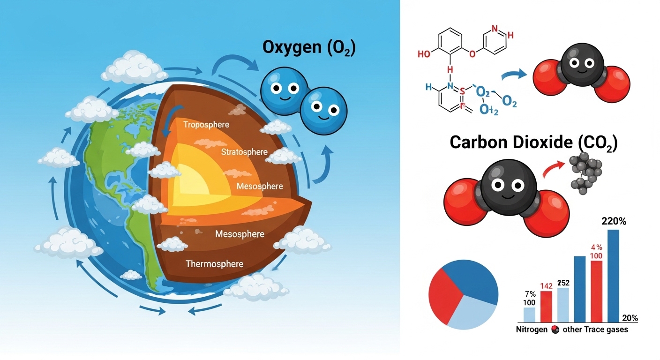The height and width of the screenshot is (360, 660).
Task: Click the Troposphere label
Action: pos(206,125)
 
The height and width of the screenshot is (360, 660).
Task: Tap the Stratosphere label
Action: pos(244,152)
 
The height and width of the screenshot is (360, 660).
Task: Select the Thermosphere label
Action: pos(214,264)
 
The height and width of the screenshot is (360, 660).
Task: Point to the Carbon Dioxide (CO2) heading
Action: pos(533,142)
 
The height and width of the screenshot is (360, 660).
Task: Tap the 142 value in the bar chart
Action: pos(546,286)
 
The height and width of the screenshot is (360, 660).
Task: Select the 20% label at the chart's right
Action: pos(630,318)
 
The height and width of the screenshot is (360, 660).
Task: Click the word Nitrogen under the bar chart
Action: pos(532,330)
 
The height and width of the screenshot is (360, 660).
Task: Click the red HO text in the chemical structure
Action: pos(423,54)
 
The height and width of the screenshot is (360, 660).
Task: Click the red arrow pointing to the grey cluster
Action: pos(553,169)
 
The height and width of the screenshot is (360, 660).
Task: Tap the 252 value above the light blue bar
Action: pos(563,283)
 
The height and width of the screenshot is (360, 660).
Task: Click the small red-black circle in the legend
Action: pos(555,330)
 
